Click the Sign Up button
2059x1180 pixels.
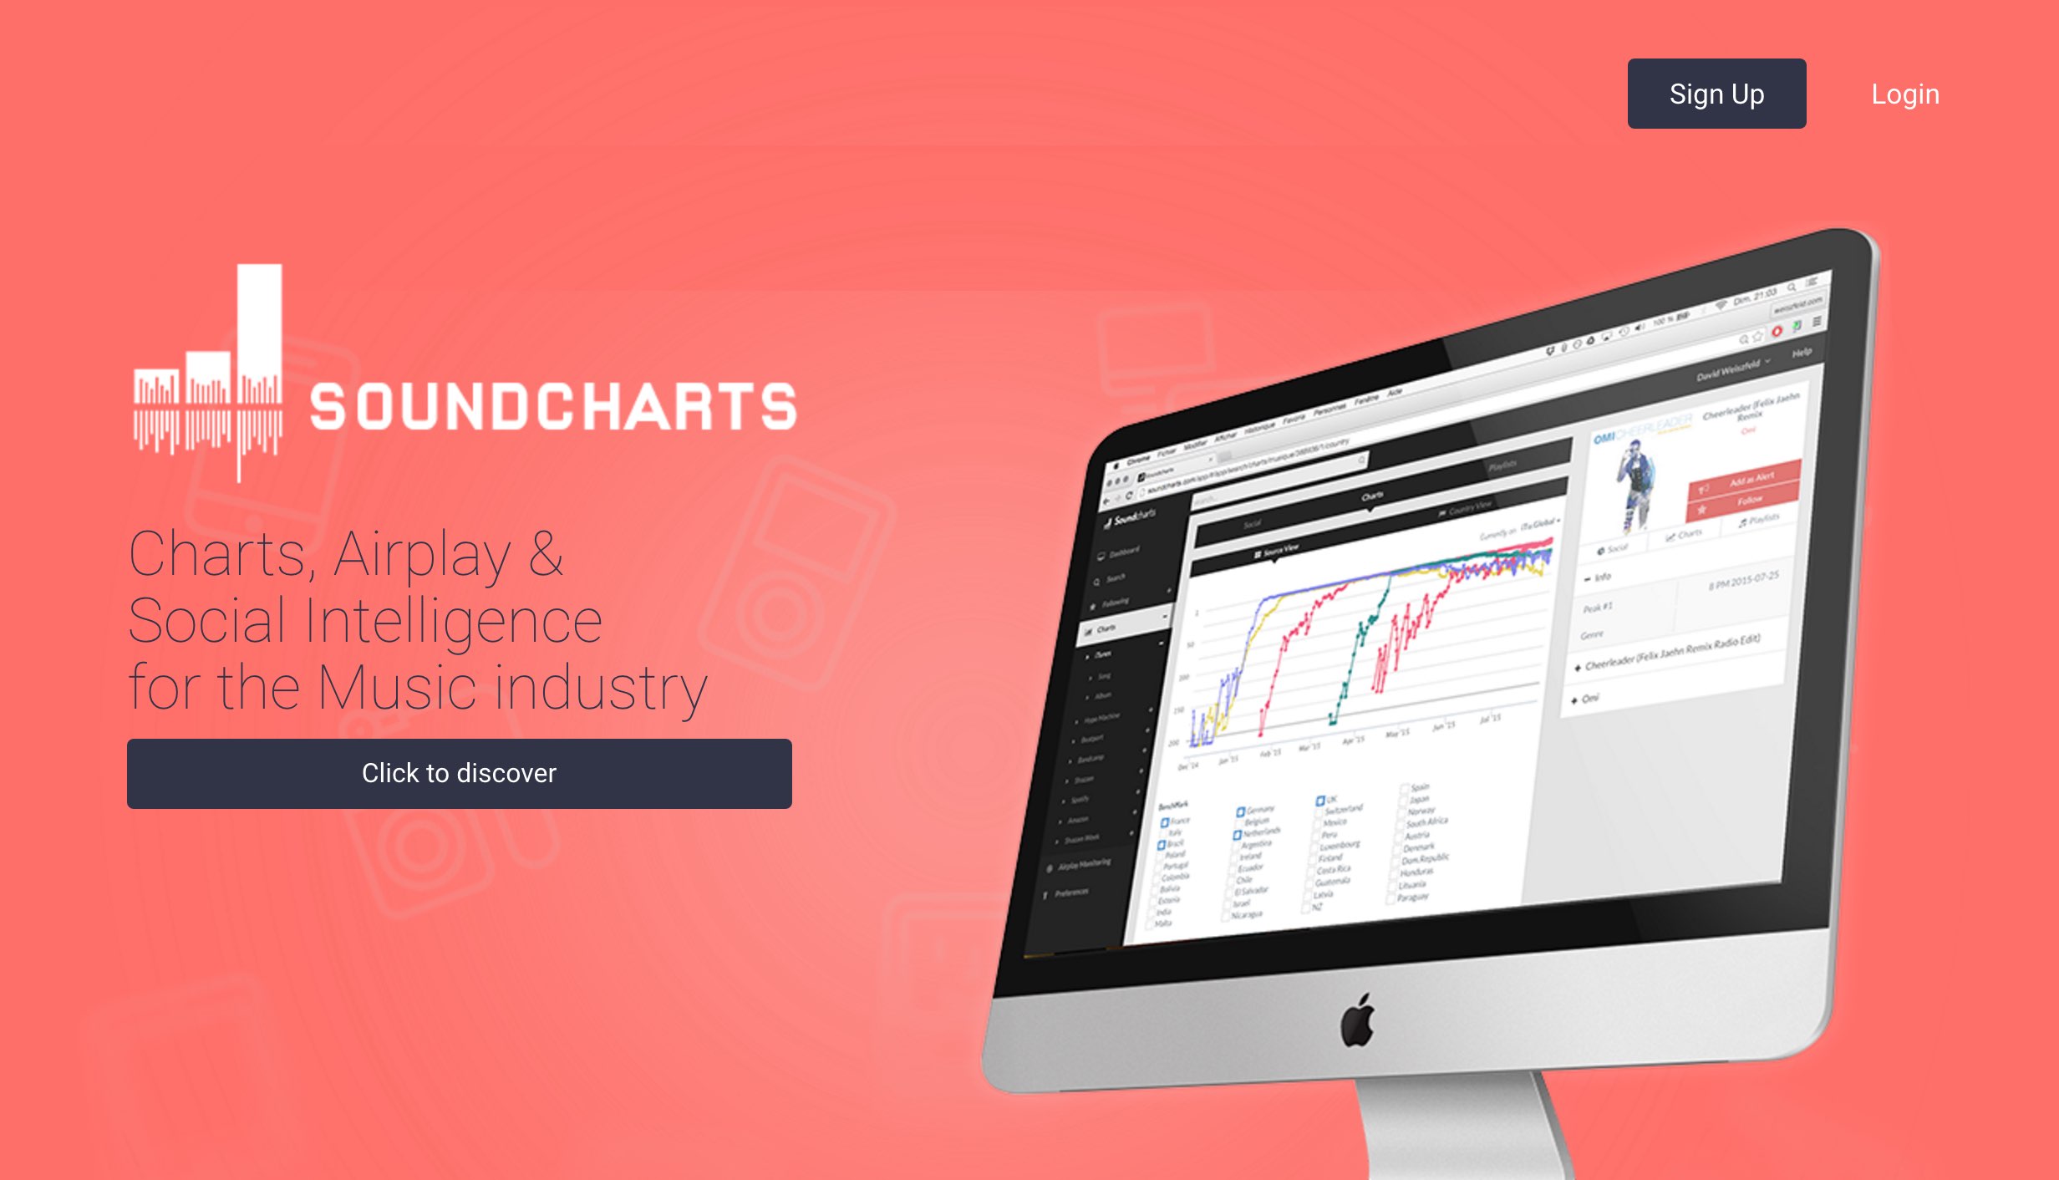tap(1716, 94)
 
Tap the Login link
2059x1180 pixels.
tap(1904, 94)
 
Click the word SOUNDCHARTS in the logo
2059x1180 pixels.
tap(553, 407)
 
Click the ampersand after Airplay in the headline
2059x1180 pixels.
tap(546, 553)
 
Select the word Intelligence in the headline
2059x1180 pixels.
tap(452, 621)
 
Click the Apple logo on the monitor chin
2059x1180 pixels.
tap(1358, 1020)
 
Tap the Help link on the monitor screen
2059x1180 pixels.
tap(1802, 353)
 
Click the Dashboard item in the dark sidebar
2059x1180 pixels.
tap(1123, 552)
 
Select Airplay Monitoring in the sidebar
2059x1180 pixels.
tap(1083, 864)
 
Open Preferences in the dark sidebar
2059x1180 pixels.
tap(1070, 893)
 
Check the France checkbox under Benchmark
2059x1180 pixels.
tap(1165, 823)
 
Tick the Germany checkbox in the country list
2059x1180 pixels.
tap(1241, 811)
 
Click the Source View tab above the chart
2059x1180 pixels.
tap(1279, 550)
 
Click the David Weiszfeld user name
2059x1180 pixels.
tap(1727, 369)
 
